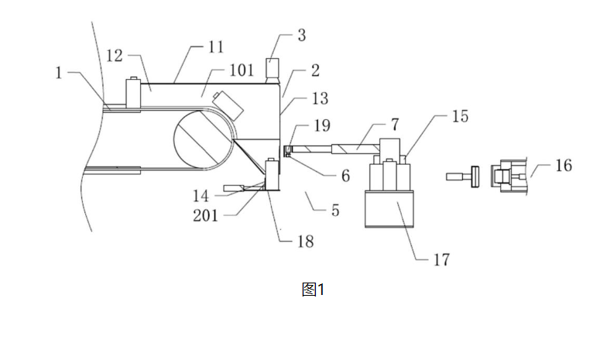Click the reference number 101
pyautogui.click(x=242, y=70)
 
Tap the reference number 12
pyautogui.click(x=114, y=56)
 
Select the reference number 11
pyautogui.click(x=216, y=47)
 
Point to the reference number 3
pyautogui.click(x=302, y=35)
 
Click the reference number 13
pyautogui.click(x=320, y=98)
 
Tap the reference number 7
pyautogui.click(x=395, y=125)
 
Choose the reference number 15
pyautogui.click(x=460, y=116)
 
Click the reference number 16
pyautogui.click(x=564, y=166)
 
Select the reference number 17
pyautogui.click(x=441, y=260)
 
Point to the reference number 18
pyautogui.click(x=305, y=242)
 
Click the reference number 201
pyautogui.click(x=205, y=216)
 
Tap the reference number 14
pyautogui.click(x=201, y=197)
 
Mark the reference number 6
pyautogui.click(x=345, y=176)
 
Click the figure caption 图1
pyautogui.click(x=313, y=290)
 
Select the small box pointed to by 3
pyautogui.click(x=273, y=68)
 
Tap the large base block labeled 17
pyautogui.click(x=389, y=209)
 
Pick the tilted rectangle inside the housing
pyautogui.click(x=228, y=105)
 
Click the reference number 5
pyautogui.click(x=335, y=211)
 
